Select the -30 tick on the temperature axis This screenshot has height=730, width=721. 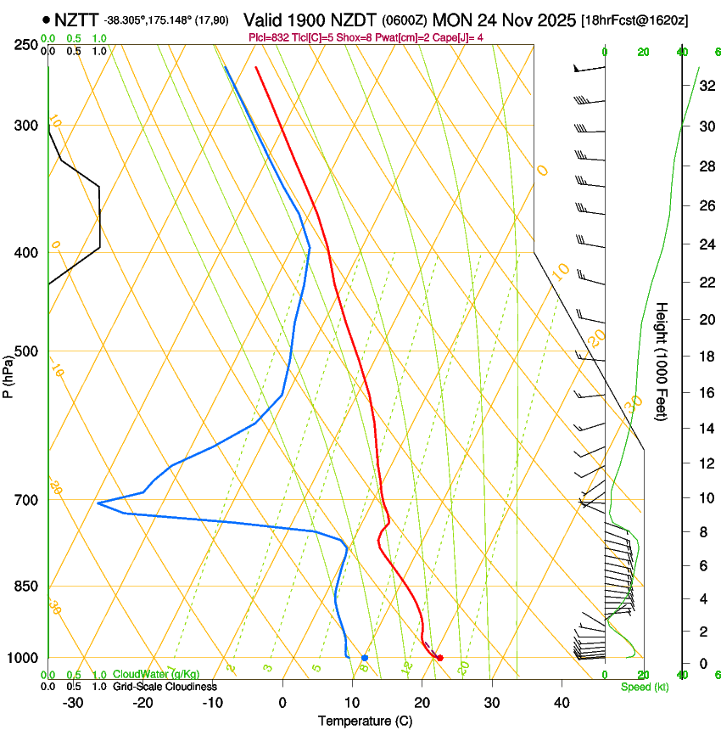pyautogui.click(x=73, y=703)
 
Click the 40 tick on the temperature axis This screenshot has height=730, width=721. pyautogui.click(x=561, y=703)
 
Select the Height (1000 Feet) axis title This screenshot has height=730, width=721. pyautogui.click(x=662, y=361)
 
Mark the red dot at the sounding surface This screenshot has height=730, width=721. pyautogui.click(x=439, y=658)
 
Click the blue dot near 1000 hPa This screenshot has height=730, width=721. pyautogui.click(x=365, y=658)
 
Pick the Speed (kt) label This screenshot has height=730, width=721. pyautogui.click(x=645, y=687)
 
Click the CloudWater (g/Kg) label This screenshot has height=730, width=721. pyautogui.click(x=156, y=675)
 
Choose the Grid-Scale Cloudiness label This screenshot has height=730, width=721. pyautogui.click(x=165, y=687)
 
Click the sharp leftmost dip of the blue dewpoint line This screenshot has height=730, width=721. pyautogui.click(x=99, y=503)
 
